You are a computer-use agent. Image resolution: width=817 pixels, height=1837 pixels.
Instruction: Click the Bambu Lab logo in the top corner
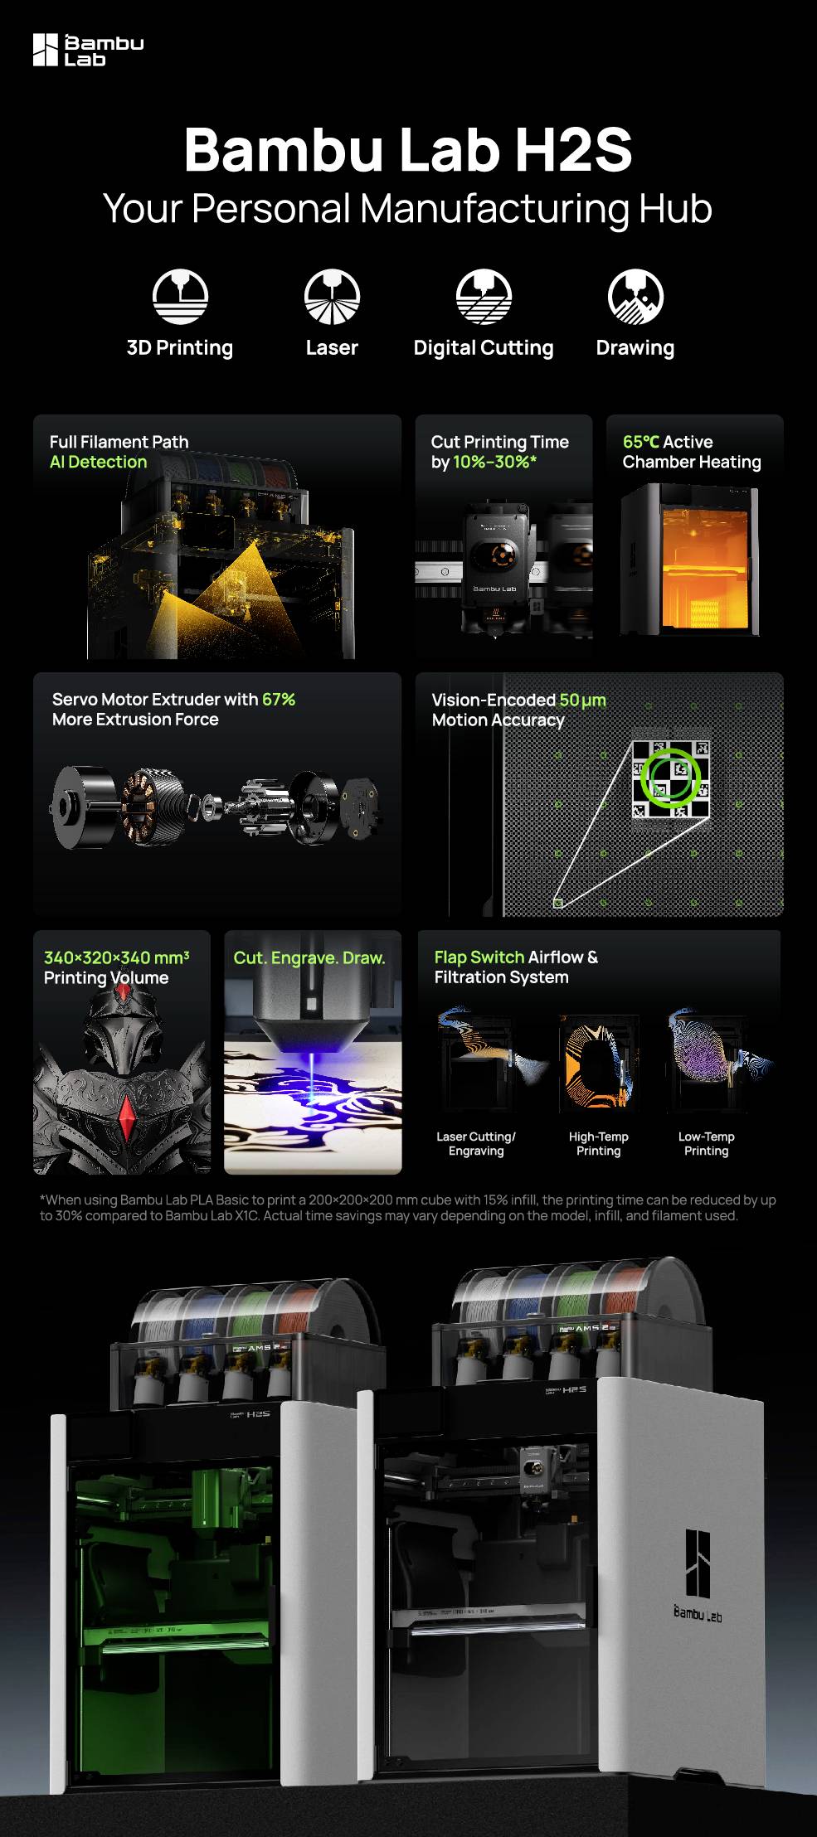(87, 50)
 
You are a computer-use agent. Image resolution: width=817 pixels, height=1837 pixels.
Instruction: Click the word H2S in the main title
(573, 150)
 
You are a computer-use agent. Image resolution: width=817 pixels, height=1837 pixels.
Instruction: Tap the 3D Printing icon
(180, 296)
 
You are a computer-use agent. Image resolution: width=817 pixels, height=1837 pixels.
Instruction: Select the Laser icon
(332, 296)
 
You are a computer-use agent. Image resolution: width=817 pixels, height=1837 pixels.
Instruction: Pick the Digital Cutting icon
(484, 296)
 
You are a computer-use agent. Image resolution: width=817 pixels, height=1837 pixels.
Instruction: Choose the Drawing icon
(635, 296)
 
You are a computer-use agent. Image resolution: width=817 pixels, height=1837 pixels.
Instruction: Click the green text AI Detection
(98, 463)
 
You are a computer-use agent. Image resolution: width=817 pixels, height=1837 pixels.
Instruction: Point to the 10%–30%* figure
(494, 463)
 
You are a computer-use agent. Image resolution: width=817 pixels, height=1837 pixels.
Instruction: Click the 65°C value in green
(640, 442)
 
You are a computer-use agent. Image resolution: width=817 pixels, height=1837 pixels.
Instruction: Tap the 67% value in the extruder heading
(279, 699)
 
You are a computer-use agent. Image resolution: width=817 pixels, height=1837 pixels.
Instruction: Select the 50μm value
(582, 700)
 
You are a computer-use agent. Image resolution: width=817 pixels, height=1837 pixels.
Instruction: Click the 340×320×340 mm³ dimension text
(116, 957)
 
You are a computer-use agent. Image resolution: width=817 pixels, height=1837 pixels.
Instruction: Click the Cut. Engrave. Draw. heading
(309, 958)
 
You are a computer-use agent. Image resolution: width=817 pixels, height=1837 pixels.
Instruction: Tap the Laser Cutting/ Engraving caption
(476, 1144)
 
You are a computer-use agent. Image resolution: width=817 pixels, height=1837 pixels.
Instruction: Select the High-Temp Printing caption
(598, 1144)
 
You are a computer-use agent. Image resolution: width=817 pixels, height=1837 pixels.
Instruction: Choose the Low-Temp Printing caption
(706, 1144)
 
